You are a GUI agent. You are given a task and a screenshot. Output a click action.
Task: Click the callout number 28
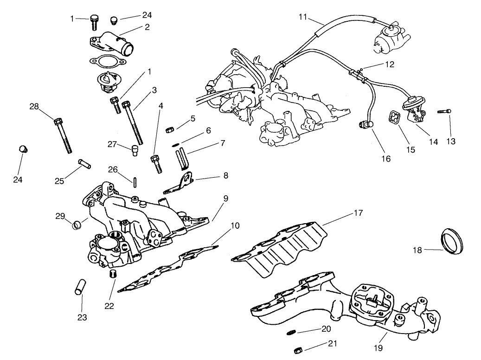[34, 107]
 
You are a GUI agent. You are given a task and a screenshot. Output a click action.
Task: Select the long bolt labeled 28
[64, 135]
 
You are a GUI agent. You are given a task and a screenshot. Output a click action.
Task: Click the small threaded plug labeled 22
[113, 274]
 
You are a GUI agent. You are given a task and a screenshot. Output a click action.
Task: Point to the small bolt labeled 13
[443, 111]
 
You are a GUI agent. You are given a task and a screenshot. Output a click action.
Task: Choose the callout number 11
[303, 17]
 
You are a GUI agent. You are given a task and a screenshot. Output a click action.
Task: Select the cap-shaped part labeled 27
[135, 150]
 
